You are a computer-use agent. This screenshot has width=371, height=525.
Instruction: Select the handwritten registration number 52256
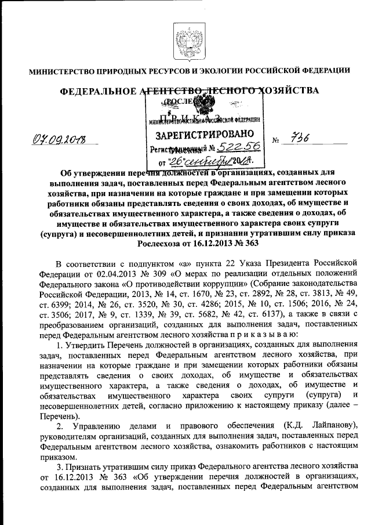pyautogui.click(x=235, y=149)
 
